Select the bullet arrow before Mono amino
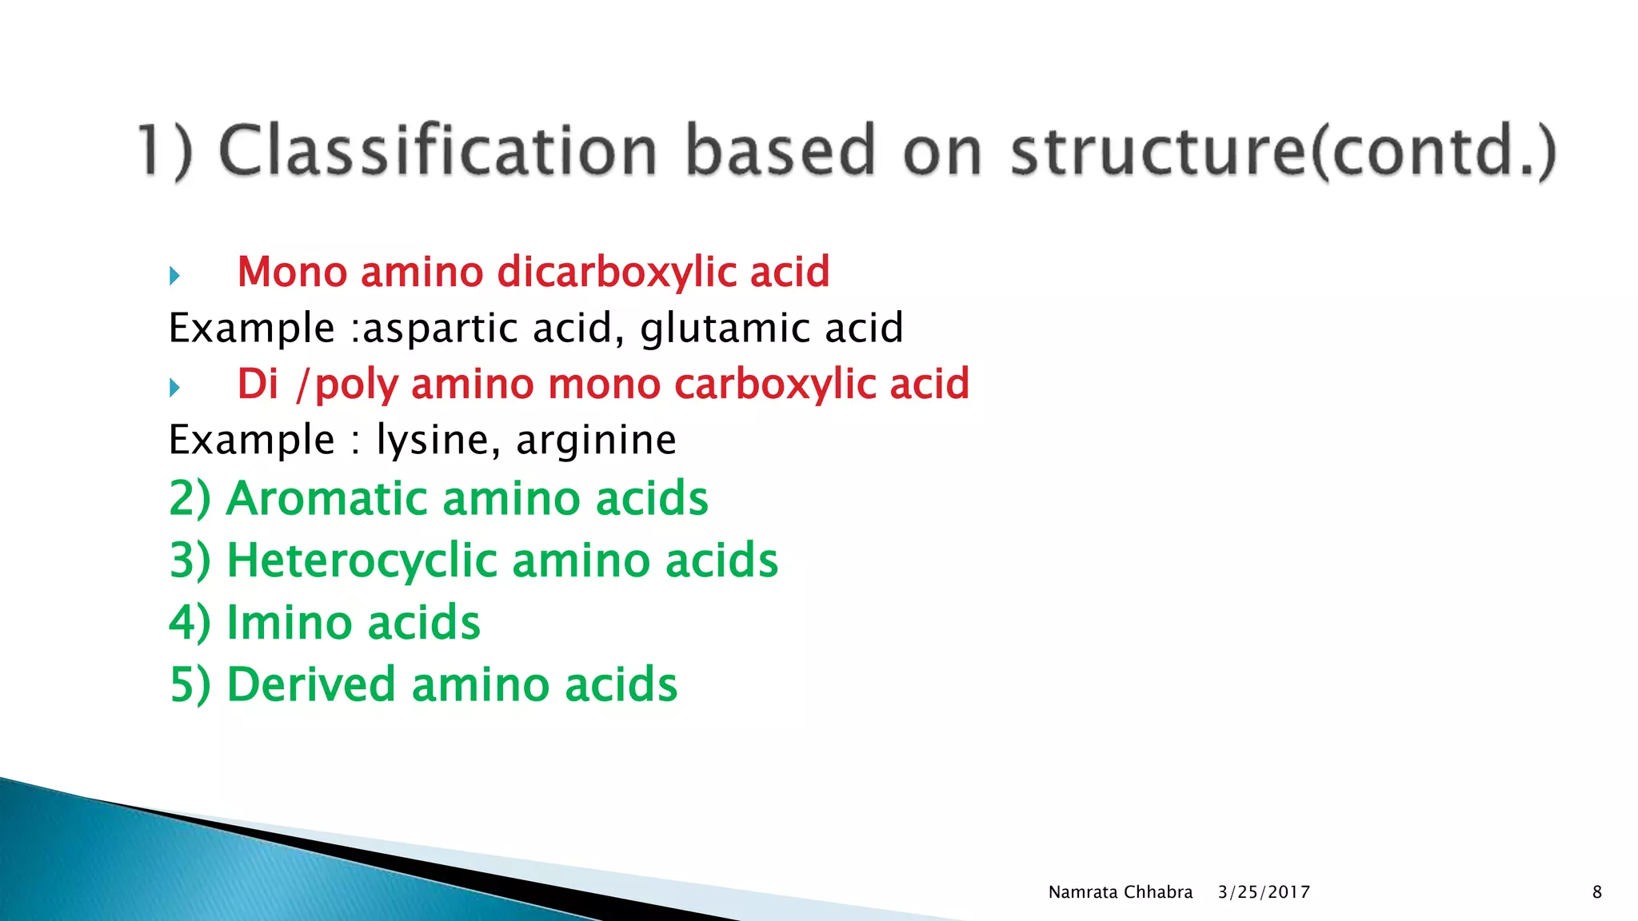click(x=174, y=277)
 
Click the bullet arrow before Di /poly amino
click(x=174, y=389)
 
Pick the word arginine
click(x=596, y=441)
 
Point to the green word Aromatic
click(x=327, y=499)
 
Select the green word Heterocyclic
click(x=363, y=560)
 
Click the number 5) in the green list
click(x=190, y=685)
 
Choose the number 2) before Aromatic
click(x=190, y=499)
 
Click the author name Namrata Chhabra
click(x=1120, y=892)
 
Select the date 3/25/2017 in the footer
click(x=1264, y=892)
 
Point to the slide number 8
click(x=1597, y=892)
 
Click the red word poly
click(x=357, y=386)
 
